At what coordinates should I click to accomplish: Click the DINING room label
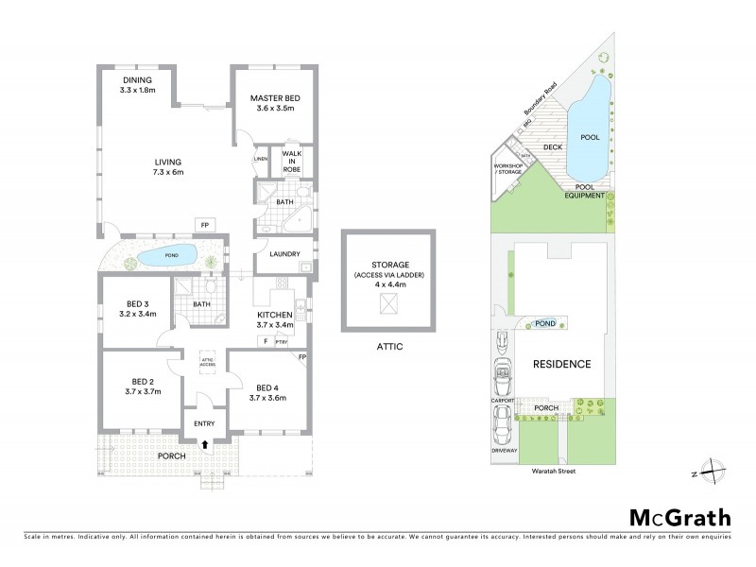click(138, 79)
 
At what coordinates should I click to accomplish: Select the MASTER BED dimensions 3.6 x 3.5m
click(273, 109)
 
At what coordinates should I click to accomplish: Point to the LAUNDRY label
click(284, 253)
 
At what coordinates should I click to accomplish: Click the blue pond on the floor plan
click(167, 255)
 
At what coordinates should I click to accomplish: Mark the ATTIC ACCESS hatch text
click(207, 362)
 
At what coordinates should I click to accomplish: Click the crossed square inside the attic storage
click(386, 303)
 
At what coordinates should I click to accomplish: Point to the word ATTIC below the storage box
click(387, 347)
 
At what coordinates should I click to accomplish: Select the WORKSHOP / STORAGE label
click(507, 169)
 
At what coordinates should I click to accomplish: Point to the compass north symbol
click(717, 469)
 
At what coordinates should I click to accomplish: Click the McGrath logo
click(679, 517)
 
